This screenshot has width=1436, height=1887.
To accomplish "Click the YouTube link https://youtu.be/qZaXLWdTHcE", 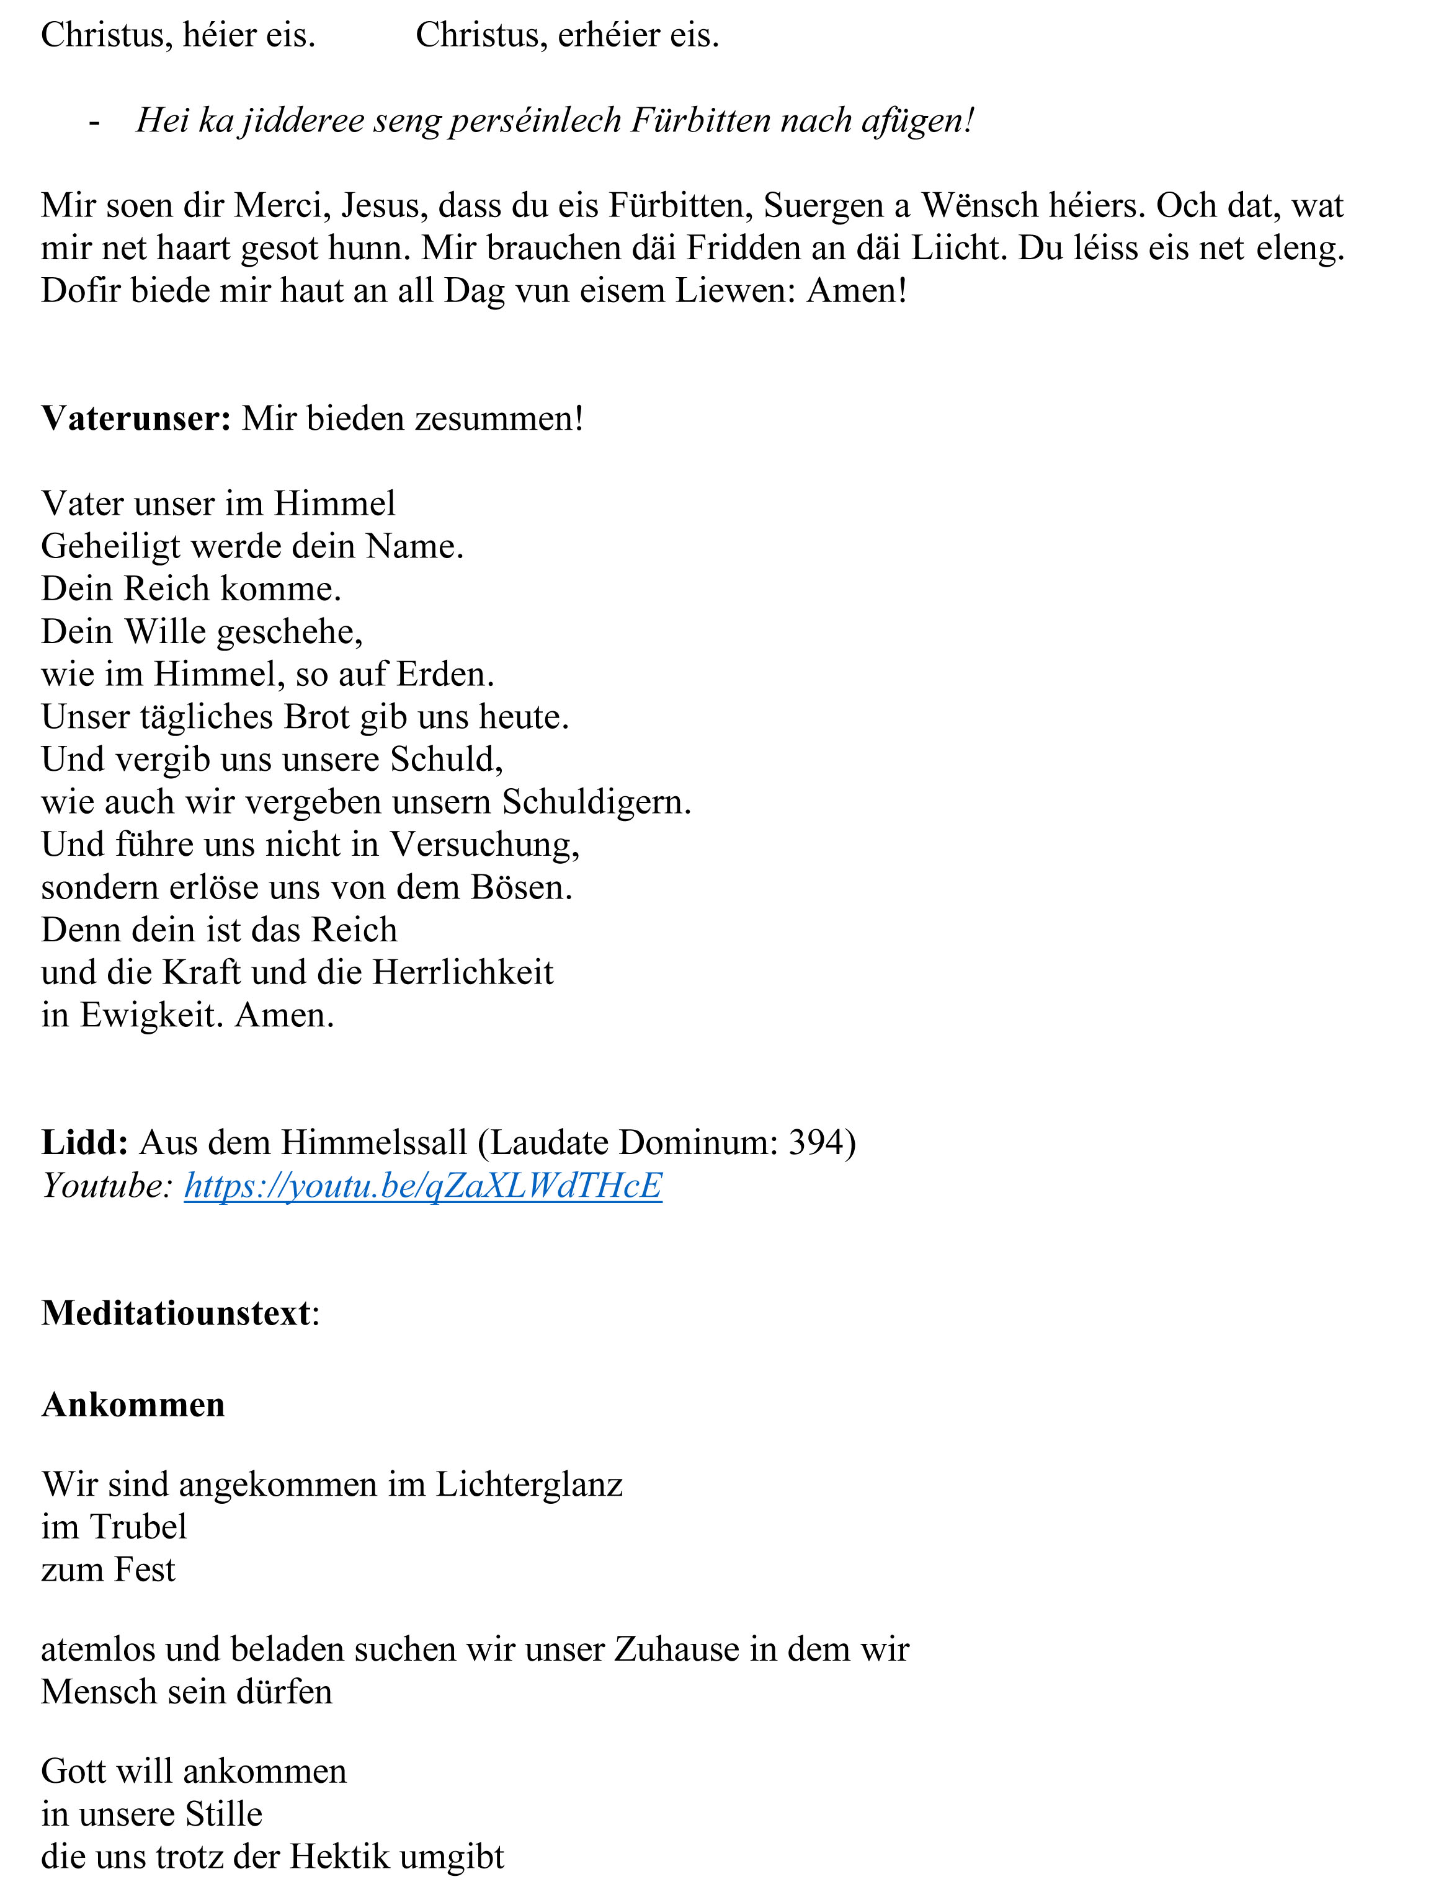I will tap(423, 1186).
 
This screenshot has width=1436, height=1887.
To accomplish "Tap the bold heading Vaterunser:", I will tap(136, 419).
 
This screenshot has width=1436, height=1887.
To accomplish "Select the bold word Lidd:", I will tap(84, 1143).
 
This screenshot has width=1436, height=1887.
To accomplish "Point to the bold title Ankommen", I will tap(133, 1405).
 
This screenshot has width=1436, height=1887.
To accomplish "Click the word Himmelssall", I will tap(375, 1143).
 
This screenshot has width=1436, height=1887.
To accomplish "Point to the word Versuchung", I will tap(486, 845).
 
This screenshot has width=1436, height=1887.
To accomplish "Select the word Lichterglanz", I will tap(529, 1485).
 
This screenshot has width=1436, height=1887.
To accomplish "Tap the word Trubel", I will tap(138, 1527).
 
